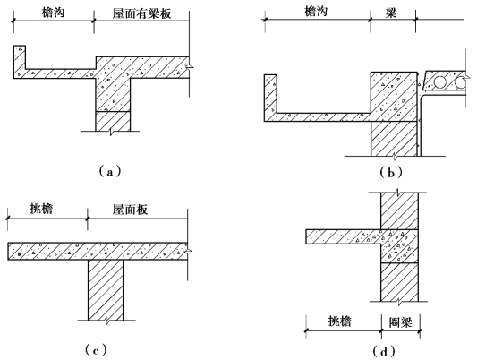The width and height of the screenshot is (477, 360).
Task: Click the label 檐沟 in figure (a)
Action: (54, 13)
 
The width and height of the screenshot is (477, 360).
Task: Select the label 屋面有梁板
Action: (141, 13)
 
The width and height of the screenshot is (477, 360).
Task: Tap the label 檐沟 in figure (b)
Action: (316, 12)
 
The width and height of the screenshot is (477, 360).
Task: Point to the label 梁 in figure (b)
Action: (391, 13)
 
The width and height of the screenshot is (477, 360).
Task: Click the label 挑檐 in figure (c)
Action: (41, 209)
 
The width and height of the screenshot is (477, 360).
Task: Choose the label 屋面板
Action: (130, 210)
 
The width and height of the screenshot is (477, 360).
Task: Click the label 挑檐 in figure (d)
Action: (340, 321)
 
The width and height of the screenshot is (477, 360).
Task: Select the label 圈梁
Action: (401, 322)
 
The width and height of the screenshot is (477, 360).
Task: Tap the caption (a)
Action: (110, 172)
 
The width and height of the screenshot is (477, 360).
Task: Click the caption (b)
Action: (391, 173)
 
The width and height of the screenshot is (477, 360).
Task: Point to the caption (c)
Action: (96, 350)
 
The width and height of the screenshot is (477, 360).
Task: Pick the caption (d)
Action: (384, 351)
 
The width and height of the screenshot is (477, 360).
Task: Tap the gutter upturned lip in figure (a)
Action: (19, 58)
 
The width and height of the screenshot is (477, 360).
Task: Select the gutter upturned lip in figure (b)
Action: (270, 94)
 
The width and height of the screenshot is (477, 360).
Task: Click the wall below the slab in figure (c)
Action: (106, 290)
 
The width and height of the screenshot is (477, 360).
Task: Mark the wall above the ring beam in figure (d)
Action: (399, 210)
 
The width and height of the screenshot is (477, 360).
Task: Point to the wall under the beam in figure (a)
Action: (113, 121)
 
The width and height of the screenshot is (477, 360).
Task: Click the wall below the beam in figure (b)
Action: (394, 139)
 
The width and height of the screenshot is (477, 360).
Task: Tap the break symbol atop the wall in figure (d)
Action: (397, 192)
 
